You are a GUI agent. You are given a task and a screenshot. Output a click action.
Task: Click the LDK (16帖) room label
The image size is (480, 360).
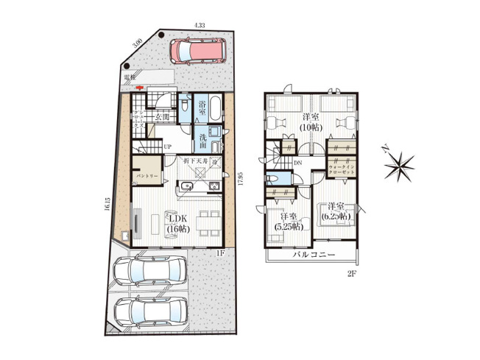click(179, 224)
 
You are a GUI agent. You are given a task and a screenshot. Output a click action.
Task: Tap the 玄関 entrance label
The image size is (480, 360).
click(163, 116)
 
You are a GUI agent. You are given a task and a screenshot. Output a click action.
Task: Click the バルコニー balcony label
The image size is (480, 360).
click(314, 255)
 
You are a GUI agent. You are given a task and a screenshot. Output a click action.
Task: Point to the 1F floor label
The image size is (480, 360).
click(219, 254)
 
